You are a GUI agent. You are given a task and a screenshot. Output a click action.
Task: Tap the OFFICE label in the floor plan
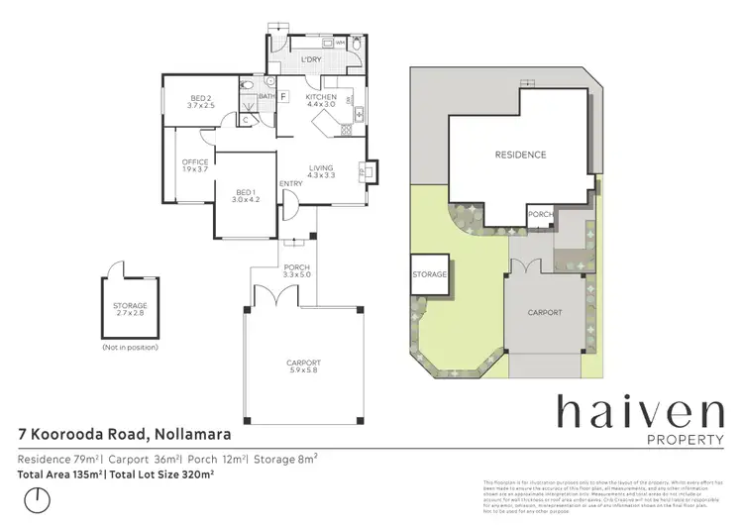[x=194, y=165]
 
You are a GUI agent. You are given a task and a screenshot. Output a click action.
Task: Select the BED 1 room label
[x=246, y=195]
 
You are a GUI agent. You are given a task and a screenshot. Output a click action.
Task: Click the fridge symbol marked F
[x=283, y=96]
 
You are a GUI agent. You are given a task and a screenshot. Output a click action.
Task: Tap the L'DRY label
[x=312, y=59]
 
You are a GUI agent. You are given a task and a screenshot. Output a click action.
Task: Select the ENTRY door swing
[x=288, y=205]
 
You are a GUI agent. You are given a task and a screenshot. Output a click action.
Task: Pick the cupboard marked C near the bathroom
[x=246, y=119]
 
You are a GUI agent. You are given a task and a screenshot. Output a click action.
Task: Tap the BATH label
[x=266, y=95]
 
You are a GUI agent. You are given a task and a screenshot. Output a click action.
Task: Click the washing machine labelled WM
[x=340, y=44]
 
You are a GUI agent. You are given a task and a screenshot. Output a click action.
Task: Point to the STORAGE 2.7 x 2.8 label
[x=130, y=309]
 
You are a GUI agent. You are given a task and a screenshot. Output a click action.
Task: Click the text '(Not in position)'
[x=129, y=348]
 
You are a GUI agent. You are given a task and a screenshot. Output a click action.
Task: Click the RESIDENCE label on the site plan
[x=520, y=155]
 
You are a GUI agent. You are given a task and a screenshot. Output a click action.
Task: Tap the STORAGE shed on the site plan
[x=431, y=274]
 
